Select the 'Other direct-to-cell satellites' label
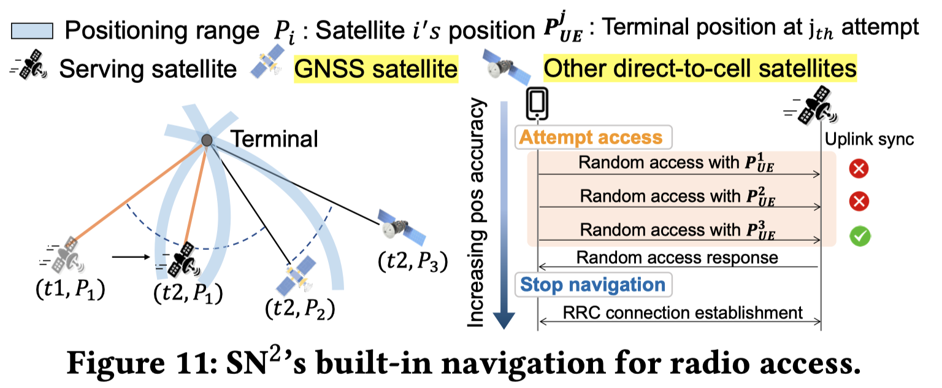700,68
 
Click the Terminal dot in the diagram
207,141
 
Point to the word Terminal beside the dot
274,139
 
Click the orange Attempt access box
592,137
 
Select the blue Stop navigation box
592,284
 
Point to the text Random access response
677,257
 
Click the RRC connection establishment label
682,312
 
